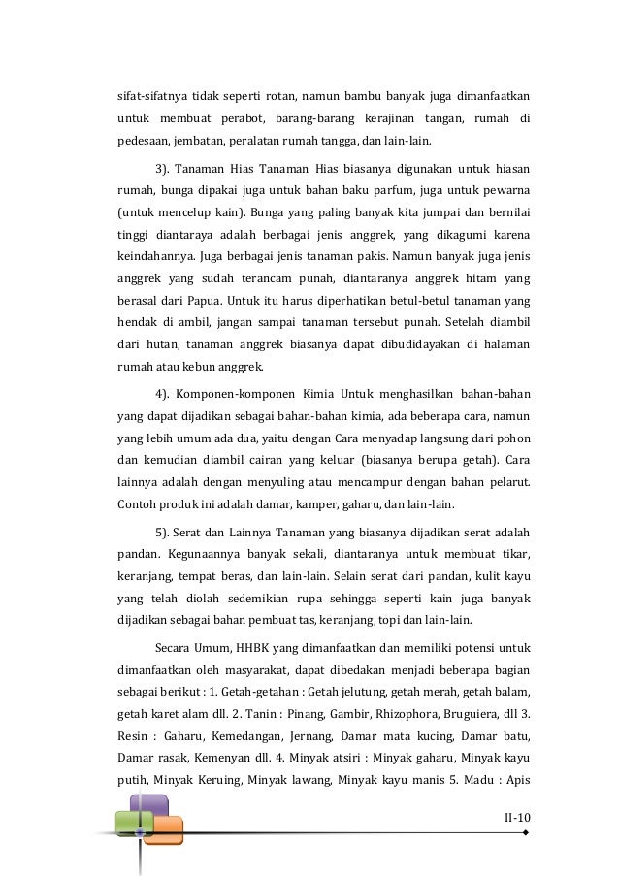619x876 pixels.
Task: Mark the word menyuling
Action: (x=273, y=482)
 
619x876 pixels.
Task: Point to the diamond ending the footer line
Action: (x=525, y=832)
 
